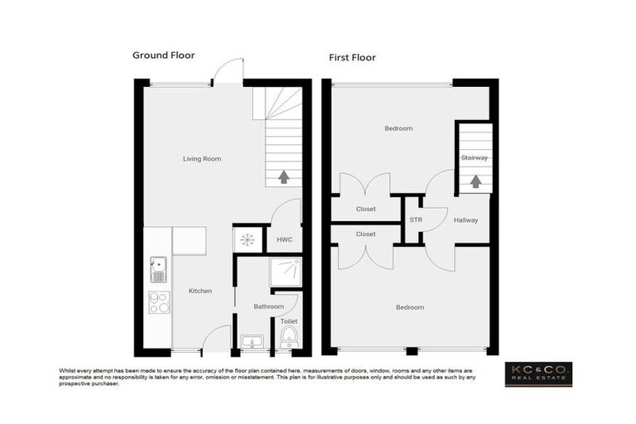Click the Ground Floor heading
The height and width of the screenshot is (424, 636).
tap(164, 55)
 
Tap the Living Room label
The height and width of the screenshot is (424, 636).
tap(202, 158)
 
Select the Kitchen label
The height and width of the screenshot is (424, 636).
tap(200, 291)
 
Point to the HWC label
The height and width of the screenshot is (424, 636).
tap(284, 239)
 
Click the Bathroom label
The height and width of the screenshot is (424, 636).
tap(268, 306)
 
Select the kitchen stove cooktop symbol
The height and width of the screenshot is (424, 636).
tap(158, 302)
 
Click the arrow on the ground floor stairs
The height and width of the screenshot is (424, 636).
tap(283, 176)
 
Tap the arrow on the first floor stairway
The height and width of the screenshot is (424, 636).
tap(475, 180)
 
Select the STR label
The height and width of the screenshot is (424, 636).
tap(415, 220)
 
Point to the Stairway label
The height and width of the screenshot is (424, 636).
tap(475, 157)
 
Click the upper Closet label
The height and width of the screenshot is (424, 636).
tap(365, 209)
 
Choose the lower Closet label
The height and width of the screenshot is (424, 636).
tap(365, 234)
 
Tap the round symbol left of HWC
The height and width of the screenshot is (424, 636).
tap(248, 239)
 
